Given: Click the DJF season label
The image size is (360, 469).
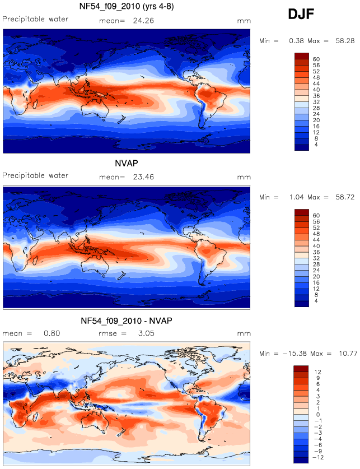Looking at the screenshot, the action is [301, 14].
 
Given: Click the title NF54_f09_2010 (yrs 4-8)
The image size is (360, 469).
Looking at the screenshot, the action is [127, 6].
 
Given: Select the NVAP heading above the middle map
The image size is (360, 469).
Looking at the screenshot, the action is [127, 163].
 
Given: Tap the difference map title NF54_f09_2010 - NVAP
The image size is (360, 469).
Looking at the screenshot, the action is [127, 321].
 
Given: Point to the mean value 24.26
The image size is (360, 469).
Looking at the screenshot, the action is [144, 21].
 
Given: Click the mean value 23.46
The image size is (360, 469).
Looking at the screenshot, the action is [144, 177].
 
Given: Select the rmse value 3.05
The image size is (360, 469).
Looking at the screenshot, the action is [146, 333].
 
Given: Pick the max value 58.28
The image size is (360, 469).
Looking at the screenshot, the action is [345, 41].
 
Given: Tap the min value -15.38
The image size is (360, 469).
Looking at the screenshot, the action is [294, 354].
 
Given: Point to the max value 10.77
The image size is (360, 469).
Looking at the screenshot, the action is [348, 354].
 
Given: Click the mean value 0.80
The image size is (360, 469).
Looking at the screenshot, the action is [52, 333].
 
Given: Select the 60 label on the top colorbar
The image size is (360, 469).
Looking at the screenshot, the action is [316, 59].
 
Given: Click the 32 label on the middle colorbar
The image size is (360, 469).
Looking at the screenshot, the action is [316, 258].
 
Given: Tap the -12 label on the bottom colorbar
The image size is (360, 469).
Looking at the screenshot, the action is [318, 457].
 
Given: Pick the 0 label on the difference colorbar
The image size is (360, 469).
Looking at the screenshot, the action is [318, 415].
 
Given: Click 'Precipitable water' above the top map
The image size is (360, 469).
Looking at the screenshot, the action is [35, 19].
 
